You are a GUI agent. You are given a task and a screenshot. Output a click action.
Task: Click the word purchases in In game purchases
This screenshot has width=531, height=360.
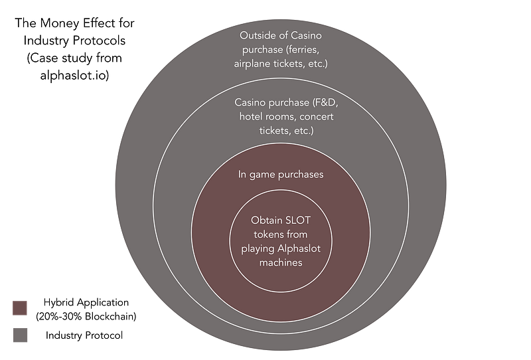point(303,175)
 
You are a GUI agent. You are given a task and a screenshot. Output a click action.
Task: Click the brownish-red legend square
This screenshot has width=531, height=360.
point(20,309)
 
